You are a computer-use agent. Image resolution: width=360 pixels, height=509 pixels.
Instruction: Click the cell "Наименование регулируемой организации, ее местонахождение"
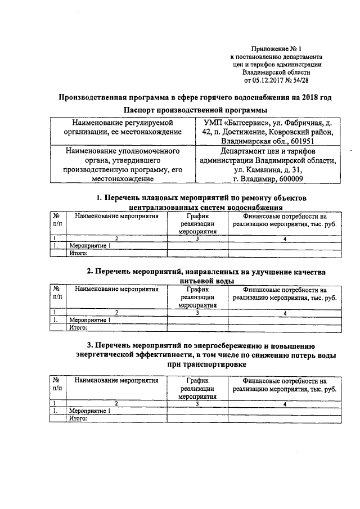[123, 127]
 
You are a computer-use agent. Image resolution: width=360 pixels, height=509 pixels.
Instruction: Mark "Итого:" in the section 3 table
[77, 418]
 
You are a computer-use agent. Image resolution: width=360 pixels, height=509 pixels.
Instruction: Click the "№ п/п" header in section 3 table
[57, 385]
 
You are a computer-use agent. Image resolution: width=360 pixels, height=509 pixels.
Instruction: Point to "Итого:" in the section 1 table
[77, 254]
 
